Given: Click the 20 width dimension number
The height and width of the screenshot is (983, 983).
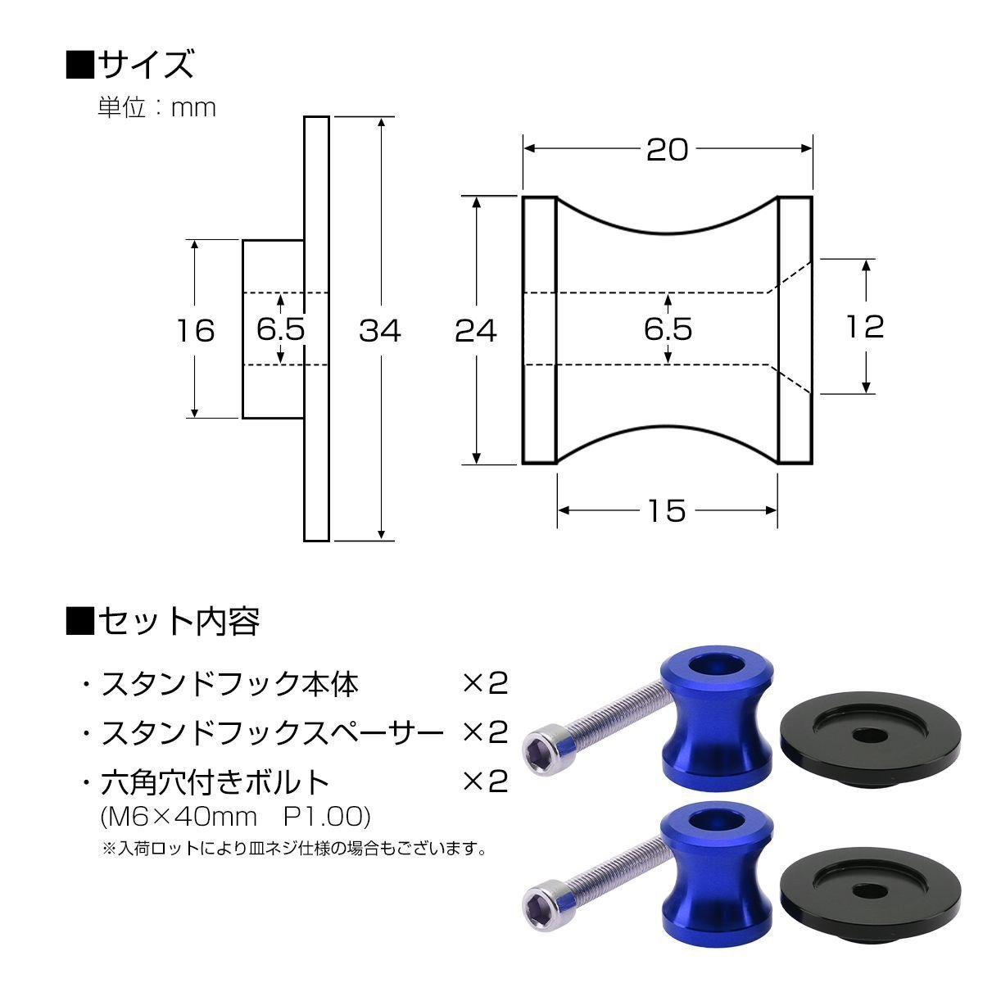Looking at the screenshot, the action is [668, 150].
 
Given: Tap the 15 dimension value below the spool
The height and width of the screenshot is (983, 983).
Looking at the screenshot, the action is [668, 510].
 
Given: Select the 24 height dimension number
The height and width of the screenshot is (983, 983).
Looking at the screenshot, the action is [475, 331].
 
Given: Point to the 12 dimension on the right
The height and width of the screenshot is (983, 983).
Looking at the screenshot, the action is [865, 327].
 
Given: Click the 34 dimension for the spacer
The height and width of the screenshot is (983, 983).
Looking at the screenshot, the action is [380, 331].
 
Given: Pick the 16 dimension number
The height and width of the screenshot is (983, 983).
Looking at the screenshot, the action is [196, 331].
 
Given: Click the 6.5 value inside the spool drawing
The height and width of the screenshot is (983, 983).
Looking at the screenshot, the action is [668, 329].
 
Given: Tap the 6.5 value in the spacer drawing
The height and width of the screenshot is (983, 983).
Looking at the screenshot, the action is [281, 329].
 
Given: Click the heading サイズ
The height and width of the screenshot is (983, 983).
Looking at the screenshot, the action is [130, 64].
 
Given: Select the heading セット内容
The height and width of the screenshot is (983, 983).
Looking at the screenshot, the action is [163, 621].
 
